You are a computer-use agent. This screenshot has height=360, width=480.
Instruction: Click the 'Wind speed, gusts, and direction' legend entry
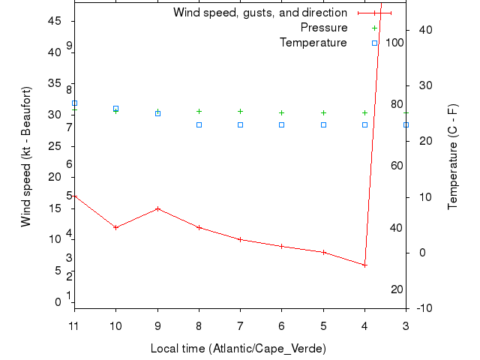pyautogui.click(x=259, y=13)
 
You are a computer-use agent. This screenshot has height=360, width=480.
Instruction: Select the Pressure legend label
pyautogui.click(x=324, y=28)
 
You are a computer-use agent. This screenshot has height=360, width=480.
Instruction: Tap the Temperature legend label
pyautogui.click(x=313, y=43)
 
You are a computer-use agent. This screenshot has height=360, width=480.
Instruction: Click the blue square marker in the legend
pyautogui.click(x=374, y=43)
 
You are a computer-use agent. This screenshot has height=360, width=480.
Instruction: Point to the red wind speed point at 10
pyautogui.click(x=115, y=227)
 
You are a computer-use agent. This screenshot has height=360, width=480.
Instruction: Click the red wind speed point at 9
pyautogui.click(x=157, y=208)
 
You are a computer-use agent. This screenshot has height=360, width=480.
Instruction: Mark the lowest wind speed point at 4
pyautogui.click(x=364, y=265)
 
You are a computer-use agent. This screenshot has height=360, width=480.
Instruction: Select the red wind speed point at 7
pyautogui.click(x=240, y=239)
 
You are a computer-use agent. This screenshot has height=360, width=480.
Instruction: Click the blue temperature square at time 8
pyautogui.click(x=199, y=124)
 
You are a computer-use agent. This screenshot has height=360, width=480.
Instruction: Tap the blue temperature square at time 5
pyautogui.click(x=323, y=124)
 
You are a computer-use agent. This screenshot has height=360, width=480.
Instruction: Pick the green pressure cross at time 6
pyautogui.click(x=282, y=112)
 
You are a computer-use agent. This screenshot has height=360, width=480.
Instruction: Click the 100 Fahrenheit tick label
pyautogui.click(x=394, y=42)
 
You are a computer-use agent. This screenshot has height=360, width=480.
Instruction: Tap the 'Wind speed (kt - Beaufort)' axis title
pyautogui.click(x=25, y=156)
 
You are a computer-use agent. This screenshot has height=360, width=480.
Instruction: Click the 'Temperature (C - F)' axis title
pyautogui.click(x=454, y=156)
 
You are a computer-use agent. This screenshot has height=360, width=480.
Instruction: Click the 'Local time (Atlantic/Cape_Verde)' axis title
pyautogui.click(x=238, y=349)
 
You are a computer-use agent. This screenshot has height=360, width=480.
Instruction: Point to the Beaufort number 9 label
pyautogui.click(x=69, y=46)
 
